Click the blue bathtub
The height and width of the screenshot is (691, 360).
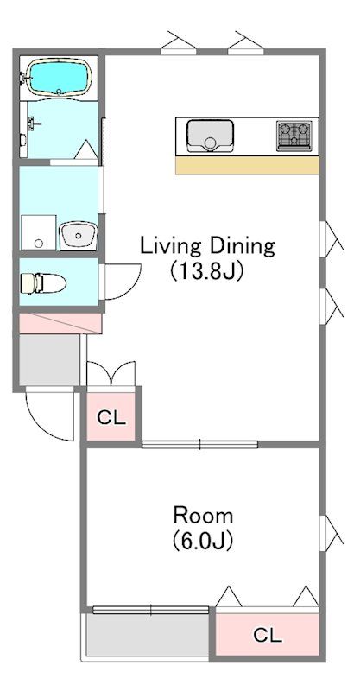(60, 77)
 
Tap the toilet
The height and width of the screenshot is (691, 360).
(43, 283)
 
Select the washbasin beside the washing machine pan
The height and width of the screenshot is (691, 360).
(79, 235)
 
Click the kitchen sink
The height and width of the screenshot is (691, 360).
(210, 136)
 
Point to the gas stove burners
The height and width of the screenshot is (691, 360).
(294, 136)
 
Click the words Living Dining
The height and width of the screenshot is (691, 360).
(207, 246)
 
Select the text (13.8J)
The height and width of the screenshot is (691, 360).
(206, 271)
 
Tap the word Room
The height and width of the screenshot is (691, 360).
(203, 515)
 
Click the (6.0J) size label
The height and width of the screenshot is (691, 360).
(203, 540)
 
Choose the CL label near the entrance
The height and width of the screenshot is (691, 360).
(111, 417)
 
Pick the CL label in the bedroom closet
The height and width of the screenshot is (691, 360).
(268, 635)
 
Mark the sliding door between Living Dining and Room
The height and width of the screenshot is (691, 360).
(199, 444)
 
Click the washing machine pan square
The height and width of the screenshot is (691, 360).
(38, 232)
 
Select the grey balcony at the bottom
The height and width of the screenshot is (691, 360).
(148, 635)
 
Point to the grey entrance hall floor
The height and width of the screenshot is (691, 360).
(49, 359)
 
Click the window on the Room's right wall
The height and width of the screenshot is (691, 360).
(330, 534)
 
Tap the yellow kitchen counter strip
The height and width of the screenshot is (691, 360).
(247, 165)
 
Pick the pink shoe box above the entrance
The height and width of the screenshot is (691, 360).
(60, 323)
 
